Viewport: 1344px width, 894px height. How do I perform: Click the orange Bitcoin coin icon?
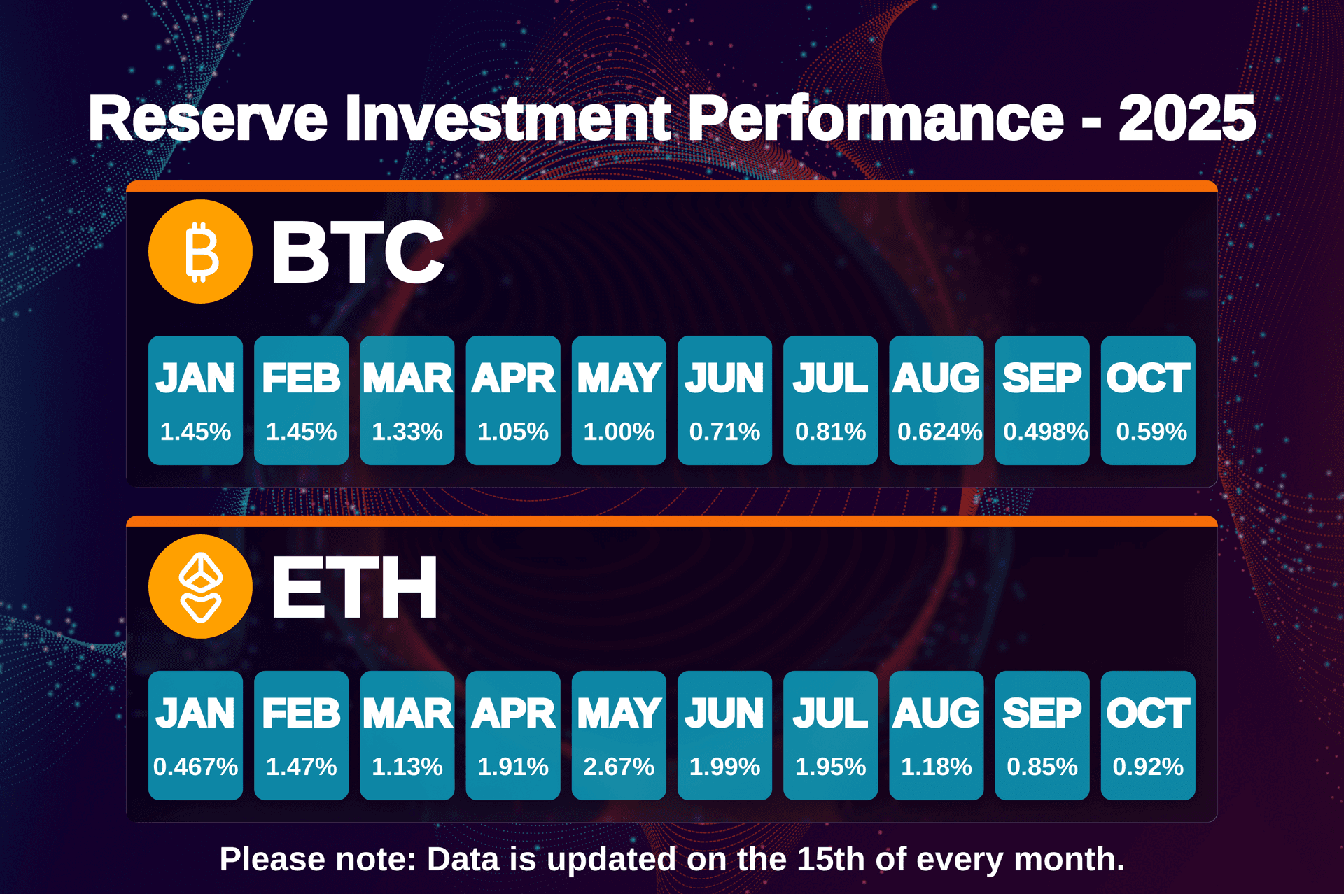[x=200, y=252]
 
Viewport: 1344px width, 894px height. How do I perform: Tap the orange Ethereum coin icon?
[x=200, y=587]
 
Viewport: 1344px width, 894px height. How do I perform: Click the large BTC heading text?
[x=357, y=252]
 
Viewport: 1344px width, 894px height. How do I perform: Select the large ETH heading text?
[x=354, y=588]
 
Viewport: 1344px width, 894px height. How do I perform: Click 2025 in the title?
[x=1186, y=119]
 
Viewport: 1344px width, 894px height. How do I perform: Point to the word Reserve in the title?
[x=208, y=119]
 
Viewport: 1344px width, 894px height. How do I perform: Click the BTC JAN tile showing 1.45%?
[x=195, y=400]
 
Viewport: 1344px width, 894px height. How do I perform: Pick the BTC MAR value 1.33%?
[x=407, y=432]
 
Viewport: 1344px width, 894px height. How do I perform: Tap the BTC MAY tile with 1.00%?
[x=619, y=400]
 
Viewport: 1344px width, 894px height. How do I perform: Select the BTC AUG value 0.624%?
[x=939, y=432]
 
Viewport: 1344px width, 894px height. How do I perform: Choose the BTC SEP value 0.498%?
[x=1045, y=432]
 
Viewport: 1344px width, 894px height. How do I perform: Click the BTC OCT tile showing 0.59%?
[x=1148, y=400]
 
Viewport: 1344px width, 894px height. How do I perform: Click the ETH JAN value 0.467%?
[x=195, y=767]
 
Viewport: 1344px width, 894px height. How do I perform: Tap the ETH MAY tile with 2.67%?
[x=619, y=735]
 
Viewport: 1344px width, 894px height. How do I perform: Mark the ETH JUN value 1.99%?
[x=724, y=767]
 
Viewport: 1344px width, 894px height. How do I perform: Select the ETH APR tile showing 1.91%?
[x=513, y=735]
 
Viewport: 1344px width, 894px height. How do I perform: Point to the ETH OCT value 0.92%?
[x=1148, y=767]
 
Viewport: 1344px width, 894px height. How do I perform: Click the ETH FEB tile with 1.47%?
[x=301, y=735]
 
